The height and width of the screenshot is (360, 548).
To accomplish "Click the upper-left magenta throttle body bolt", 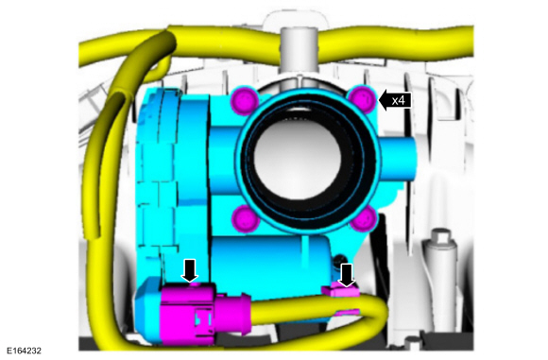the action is [245, 101].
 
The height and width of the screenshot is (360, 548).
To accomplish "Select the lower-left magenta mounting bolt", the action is [246, 219].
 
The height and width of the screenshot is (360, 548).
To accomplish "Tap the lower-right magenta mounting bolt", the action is [364, 219].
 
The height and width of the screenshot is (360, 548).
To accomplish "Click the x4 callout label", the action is [399, 101].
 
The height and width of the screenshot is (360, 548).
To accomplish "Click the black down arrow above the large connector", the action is [190, 270].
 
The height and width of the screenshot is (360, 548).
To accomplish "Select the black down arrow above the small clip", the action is [347, 275].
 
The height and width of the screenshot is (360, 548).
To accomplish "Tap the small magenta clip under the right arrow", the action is [341, 291].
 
